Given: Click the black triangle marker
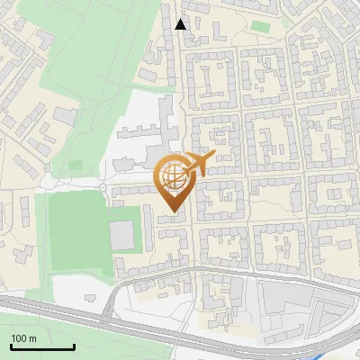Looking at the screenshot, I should pyautogui.click(x=181, y=24).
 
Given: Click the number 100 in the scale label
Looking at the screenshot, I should pyautogui.click(x=18, y=337).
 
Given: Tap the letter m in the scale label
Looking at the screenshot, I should pyautogui.click(x=32, y=337).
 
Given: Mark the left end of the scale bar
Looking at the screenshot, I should pyautogui.click(x=11, y=347).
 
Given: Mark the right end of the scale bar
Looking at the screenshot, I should pyautogui.click(x=74, y=347).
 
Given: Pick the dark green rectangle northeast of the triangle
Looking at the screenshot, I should pyautogui.click(x=260, y=27).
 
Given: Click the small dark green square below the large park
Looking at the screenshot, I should pyautogui.click(x=76, y=166).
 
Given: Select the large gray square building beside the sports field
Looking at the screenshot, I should pyautogui.click(x=121, y=236).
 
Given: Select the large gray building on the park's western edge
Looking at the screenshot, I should pyautogui.click(x=64, y=115).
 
